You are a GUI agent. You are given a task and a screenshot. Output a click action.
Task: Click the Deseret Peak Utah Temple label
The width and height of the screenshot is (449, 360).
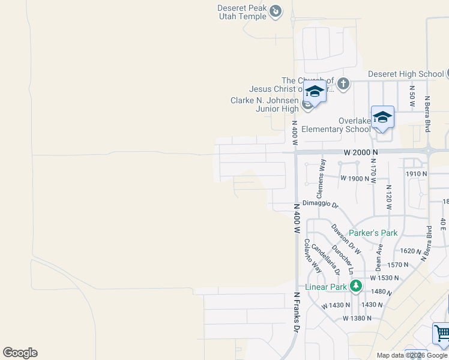tap(243, 12)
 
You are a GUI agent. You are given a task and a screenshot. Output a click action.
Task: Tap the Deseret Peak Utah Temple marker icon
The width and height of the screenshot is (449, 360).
tap(276, 10)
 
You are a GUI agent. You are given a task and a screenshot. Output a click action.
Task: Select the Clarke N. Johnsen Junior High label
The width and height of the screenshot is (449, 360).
tap(265, 104)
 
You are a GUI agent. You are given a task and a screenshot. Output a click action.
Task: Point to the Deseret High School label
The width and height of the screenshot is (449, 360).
tap(406, 74)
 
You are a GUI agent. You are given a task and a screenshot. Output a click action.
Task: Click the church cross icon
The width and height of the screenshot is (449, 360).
tap(343, 83)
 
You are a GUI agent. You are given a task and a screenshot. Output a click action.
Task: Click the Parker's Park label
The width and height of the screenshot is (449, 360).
tap(373, 233)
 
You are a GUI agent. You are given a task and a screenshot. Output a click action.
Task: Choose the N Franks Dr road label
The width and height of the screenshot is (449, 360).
tap(296, 312)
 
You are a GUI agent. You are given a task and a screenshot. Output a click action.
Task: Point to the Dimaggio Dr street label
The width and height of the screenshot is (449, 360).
tap(320, 204)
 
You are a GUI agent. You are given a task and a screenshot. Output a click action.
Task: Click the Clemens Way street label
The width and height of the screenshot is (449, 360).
tap(321, 179)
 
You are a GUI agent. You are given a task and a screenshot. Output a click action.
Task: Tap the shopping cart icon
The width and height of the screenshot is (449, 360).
tap(442, 332)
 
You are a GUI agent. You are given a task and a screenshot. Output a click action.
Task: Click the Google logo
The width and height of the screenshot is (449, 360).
tap(20, 353)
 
